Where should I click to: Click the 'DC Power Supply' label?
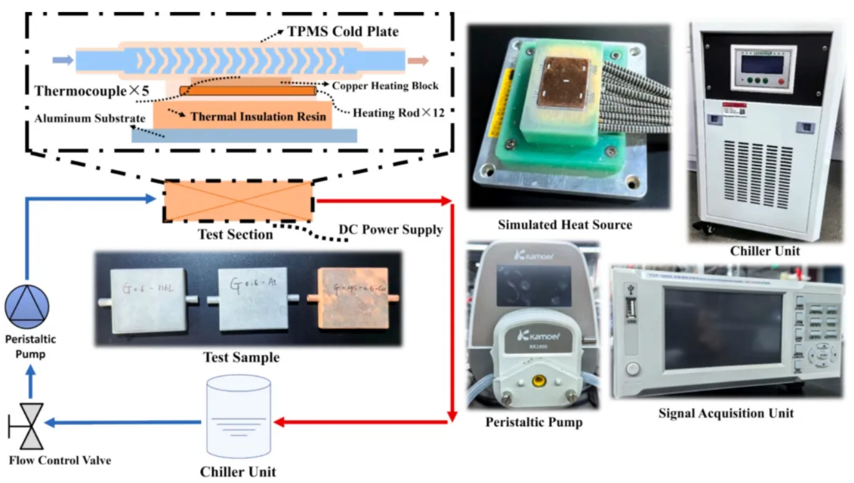click(390, 230)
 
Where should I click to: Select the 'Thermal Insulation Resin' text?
click(258, 116)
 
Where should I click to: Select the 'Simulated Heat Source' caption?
click(565, 225)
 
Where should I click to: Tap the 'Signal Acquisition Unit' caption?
click(726, 413)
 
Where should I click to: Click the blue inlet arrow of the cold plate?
click(62, 60)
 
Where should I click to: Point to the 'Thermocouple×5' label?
click(92, 92)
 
